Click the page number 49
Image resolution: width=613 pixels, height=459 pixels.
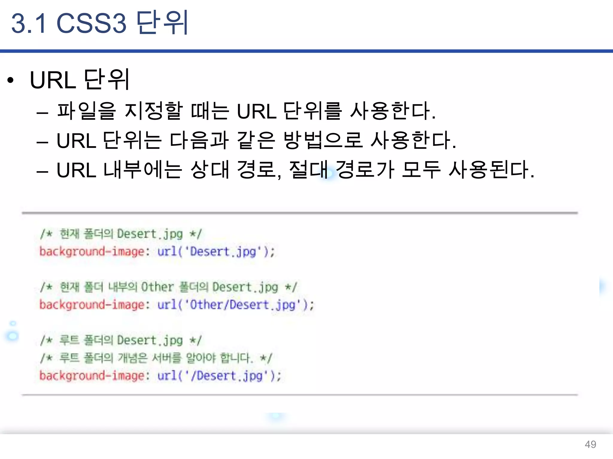pos(590,444)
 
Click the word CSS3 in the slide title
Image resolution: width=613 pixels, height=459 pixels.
pos(91,23)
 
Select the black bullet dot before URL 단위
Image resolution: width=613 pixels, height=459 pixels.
pos(11,80)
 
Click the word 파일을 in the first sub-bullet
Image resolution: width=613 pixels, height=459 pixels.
pos(86,111)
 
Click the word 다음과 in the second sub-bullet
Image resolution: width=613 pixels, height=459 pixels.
pos(199,140)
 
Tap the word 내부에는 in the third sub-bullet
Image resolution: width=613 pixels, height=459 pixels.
pos(142,170)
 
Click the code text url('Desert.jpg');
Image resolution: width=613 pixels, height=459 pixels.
pos(216,252)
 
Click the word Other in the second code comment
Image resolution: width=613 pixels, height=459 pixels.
pos(157,287)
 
